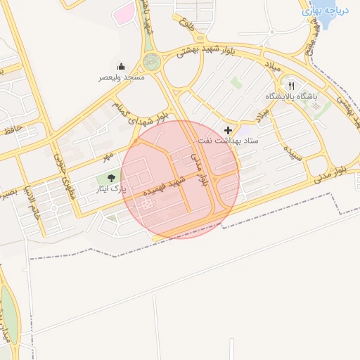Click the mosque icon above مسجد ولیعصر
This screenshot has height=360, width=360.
tap(121, 67)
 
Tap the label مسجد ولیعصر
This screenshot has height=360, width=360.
tap(122, 77)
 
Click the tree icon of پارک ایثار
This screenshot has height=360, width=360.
tap(111, 177)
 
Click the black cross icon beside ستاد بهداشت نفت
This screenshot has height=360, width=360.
tap(228, 130)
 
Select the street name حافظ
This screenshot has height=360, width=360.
tap(14, 129)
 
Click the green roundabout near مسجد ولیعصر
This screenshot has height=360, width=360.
tap(151, 61)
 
